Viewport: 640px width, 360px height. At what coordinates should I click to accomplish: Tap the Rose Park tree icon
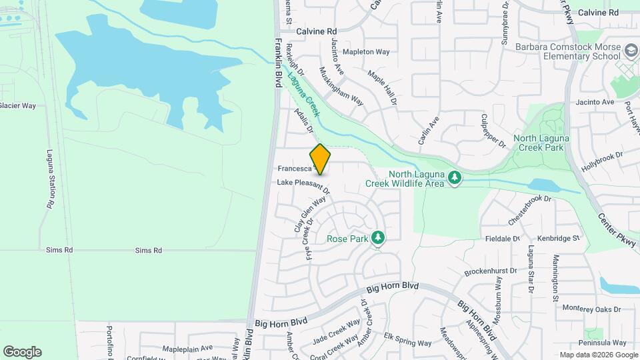coord(378,237)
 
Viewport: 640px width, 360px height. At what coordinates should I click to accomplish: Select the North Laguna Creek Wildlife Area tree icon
coord(455,177)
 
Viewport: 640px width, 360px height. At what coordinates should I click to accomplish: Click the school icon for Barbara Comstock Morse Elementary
coord(630,51)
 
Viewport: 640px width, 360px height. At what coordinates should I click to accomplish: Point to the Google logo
coord(22,352)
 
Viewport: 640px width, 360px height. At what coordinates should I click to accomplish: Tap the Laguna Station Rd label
coord(50,179)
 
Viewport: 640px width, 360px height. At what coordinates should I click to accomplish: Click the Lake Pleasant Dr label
coord(303,182)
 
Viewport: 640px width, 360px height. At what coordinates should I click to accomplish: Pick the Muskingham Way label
coord(341,86)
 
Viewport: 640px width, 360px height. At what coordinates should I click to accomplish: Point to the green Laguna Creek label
coord(304,94)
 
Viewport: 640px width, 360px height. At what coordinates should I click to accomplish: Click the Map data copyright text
coord(597,355)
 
